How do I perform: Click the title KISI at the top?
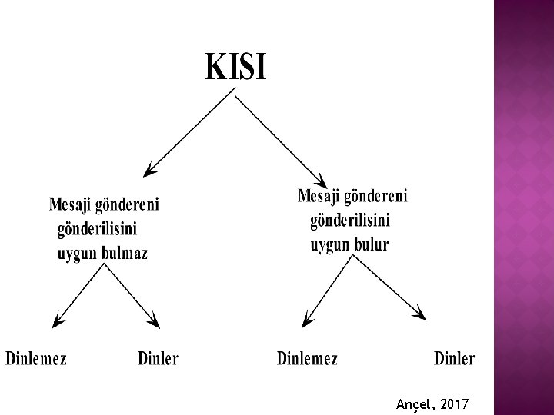tap(236, 68)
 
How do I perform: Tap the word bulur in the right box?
tap(372, 244)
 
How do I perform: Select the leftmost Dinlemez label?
tap(36, 358)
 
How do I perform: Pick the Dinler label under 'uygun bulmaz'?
tap(158, 358)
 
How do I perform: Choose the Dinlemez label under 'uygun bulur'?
tap(306, 358)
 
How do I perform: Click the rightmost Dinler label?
tap(454, 358)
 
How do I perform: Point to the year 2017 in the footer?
tap(456, 403)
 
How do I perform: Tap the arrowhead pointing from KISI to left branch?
tap(149, 171)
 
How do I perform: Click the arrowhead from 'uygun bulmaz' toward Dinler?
tap(153, 321)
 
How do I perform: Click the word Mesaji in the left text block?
tap(71, 205)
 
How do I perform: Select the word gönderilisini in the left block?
tap(99, 229)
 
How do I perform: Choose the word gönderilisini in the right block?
tap(350, 221)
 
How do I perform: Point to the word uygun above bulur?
tap(330, 245)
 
